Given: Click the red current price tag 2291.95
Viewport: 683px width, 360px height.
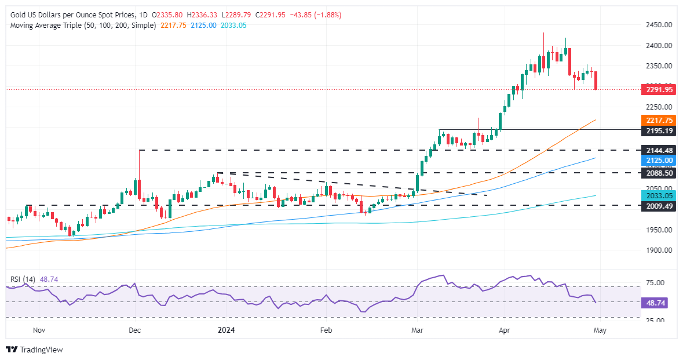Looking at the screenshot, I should pos(659,90).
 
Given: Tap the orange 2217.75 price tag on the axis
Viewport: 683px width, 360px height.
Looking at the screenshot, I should pos(659,120).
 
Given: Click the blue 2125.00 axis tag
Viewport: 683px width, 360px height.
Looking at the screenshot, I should pos(659,159).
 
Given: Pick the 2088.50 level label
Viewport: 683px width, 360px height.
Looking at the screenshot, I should pos(659,173).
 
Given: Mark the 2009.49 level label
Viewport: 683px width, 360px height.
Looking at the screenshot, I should pos(659,205).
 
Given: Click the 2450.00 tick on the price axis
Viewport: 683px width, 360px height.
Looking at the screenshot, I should pos(659,25).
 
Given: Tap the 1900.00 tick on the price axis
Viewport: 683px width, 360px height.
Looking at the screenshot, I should pos(659,250).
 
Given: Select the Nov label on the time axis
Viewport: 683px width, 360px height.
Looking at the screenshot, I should pos(39,330).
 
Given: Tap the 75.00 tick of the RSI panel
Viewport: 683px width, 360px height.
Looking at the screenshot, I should pos(658,283).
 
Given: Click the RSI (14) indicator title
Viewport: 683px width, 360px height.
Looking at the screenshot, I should pos(23,279).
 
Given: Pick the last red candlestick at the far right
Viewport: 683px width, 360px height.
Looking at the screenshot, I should pos(596,81).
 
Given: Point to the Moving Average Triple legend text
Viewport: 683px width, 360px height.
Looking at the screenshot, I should pos(81,26).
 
